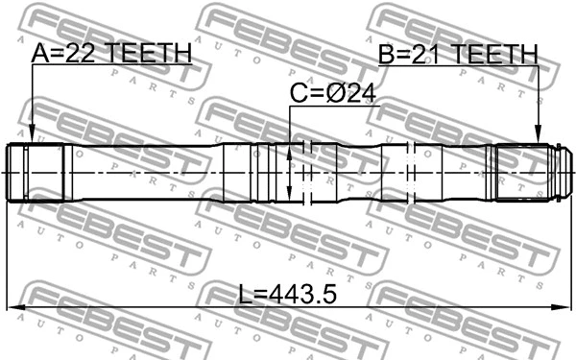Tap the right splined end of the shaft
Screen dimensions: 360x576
[523, 173]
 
